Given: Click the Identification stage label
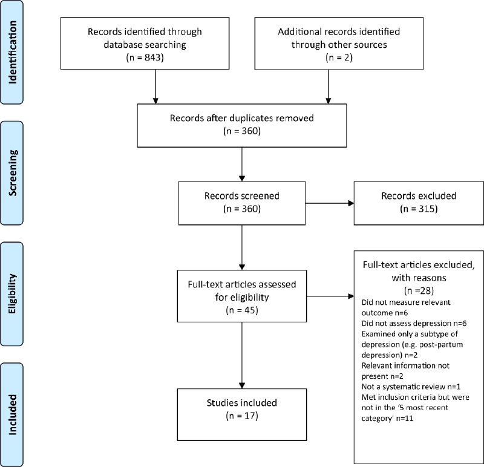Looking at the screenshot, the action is click(x=12, y=52).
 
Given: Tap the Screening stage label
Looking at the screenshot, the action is click(x=12, y=173).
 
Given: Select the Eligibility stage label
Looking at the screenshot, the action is click(x=12, y=294).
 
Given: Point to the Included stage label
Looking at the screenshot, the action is click(x=12, y=414).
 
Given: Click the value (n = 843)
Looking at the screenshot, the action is click(x=145, y=57).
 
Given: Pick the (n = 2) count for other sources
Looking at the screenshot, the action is click(x=339, y=57).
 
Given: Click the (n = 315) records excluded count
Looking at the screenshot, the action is click(x=419, y=209).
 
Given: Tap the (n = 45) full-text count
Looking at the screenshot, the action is click(x=242, y=310).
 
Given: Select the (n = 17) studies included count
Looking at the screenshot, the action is click(x=242, y=416).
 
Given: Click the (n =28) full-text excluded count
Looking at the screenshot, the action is click(x=419, y=291).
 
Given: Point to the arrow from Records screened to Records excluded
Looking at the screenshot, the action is click(x=330, y=203).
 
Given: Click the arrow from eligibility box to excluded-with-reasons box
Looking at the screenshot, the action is click(x=330, y=296).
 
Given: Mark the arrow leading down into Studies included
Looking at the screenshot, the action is click(x=242, y=355).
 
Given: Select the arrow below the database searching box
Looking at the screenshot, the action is click(x=155, y=87).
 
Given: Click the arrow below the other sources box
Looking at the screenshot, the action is click(x=329, y=87).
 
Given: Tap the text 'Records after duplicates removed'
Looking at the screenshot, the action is click(x=241, y=118).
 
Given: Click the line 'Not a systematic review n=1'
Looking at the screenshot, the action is click(x=411, y=387).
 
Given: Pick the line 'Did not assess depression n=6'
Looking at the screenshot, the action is click(x=414, y=324).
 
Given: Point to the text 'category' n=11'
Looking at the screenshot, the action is click(x=387, y=419).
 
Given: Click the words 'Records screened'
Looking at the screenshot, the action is click(x=241, y=196).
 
